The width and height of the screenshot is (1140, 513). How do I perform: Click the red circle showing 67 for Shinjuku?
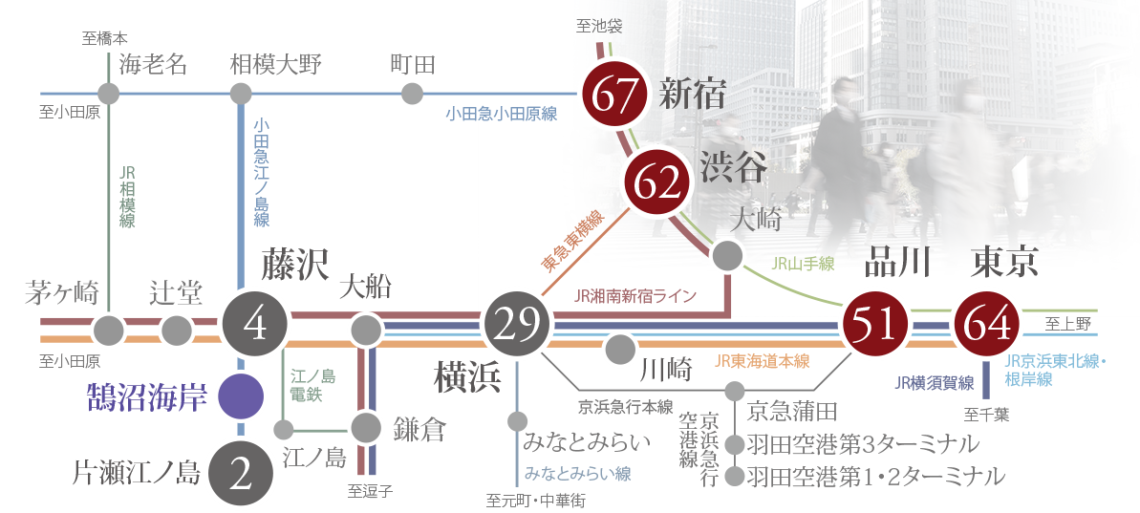pyautogui.click(x=614, y=95)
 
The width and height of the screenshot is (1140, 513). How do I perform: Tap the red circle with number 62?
pyautogui.click(x=656, y=183)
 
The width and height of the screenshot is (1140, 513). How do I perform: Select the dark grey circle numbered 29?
pyautogui.click(x=516, y=326)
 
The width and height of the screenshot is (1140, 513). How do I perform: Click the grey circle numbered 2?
pyautogui.click(x=241, y=472)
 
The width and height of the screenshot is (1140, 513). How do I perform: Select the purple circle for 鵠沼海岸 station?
pyautogui.click(x=241, y=396)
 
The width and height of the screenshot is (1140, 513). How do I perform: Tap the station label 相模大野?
pyautogui.click(x=276, y=64)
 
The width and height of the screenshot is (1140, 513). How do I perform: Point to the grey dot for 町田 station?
pyautogui.click(x=412, y=94)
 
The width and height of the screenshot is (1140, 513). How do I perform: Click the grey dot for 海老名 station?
pyautogui.click(x=109, y=94)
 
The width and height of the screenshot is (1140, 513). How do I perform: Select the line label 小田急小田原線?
pyautogui.click(x=501, y=114)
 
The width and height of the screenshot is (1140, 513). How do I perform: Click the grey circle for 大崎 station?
pyautogui.click(x=728, y=255)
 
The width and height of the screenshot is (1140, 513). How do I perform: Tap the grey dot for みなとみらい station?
pyautogui.click(x=517, y=420)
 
